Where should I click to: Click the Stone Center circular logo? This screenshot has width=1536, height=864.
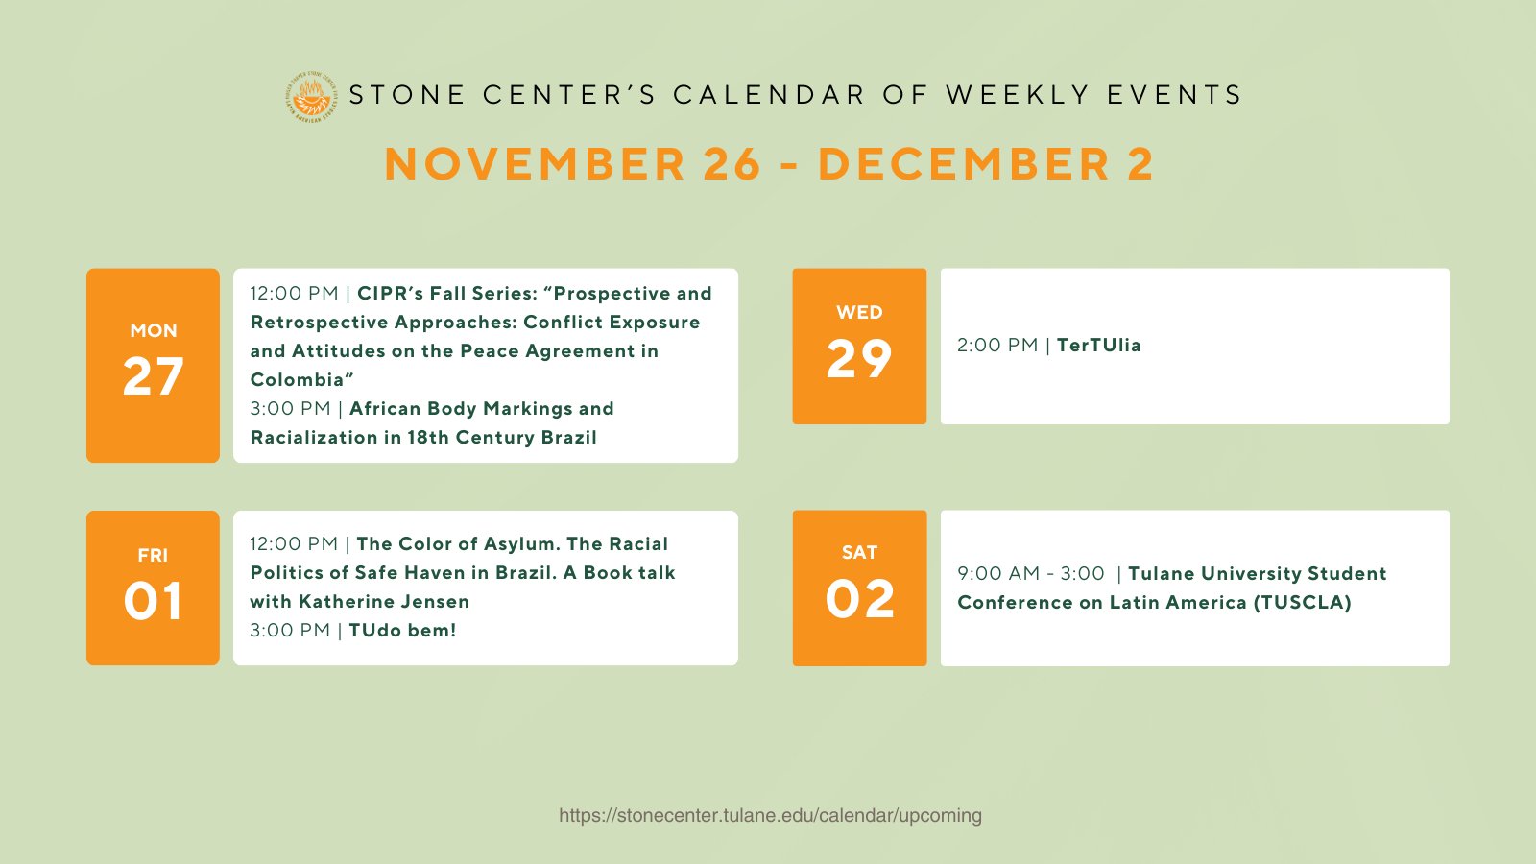(311, 97)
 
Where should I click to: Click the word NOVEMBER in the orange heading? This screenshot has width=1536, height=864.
(535, 164)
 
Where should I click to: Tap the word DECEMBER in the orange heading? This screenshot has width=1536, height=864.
(964, 164)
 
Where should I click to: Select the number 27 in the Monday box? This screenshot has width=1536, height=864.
(153, 375)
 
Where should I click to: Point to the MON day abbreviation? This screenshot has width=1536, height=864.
(154, 330)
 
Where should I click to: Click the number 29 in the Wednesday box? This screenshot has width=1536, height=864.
(859, 359)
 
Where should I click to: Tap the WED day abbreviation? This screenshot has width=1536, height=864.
(859, 313)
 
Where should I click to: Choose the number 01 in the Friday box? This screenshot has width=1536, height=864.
(153, 601)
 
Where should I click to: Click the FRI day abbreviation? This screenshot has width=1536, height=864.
(153, 556)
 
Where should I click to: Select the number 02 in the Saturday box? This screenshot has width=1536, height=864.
(860, 599)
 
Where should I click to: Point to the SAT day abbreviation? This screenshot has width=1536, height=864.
(860, 553)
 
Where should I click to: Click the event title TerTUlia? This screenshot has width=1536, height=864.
(1098, 345)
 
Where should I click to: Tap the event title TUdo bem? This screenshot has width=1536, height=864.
(402, 630)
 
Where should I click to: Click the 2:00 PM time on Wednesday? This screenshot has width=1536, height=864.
(997, 345)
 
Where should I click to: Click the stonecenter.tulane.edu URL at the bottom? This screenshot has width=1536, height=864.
(770, 815)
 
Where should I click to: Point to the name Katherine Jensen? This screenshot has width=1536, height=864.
(384, 601)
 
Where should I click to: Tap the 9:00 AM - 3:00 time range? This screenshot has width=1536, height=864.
(1031, 573)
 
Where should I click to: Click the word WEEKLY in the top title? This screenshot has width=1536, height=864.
(1018, 95)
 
